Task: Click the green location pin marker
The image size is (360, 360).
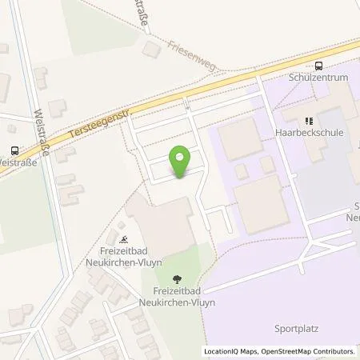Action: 182,162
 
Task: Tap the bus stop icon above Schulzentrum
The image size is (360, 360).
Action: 319,66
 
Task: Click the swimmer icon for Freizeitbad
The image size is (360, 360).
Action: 123,238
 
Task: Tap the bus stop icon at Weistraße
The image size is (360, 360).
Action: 14,149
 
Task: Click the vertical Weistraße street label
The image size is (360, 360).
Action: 42,133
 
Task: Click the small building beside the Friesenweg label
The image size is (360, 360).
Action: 150,50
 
